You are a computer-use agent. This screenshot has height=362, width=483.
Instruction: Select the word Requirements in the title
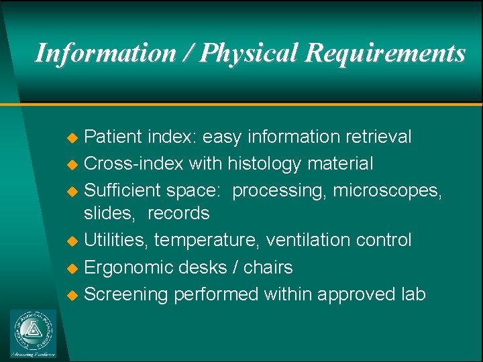(x=385, y=53)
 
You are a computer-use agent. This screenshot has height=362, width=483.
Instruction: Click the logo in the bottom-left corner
(x=34, y=333)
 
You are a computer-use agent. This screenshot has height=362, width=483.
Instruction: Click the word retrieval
(x=378, y=137)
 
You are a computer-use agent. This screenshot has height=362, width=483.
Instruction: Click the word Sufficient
(x=121, y=190)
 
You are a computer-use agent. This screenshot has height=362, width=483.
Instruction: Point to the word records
(x=178, y=214)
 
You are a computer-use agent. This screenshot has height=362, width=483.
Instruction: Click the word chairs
(x=268, y=267)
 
